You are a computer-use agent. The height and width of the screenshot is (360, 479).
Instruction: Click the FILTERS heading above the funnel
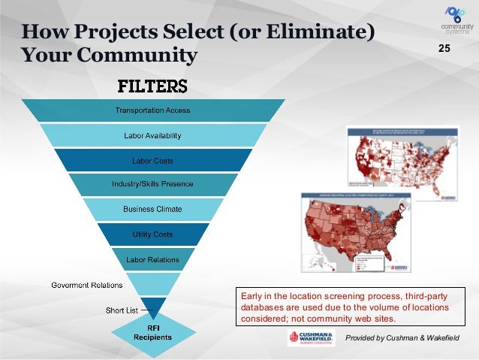151,85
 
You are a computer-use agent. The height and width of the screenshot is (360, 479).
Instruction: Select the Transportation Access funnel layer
152,110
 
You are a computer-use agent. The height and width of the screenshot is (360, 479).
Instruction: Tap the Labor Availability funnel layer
152,135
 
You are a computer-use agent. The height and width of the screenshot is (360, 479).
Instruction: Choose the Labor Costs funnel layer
152,160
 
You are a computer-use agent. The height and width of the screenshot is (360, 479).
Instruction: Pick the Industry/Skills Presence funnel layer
152,184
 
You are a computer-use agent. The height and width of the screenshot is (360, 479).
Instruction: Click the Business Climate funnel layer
152,209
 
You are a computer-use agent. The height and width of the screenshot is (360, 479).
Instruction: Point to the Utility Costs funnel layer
152,234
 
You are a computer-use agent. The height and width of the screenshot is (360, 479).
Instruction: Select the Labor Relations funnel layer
152,259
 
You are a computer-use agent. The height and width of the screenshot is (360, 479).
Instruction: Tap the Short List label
120,310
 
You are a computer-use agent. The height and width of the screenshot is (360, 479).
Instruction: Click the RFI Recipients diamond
152,332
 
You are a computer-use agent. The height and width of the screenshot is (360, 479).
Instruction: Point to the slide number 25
444,50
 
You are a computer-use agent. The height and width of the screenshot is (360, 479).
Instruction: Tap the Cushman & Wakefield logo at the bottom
311,338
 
